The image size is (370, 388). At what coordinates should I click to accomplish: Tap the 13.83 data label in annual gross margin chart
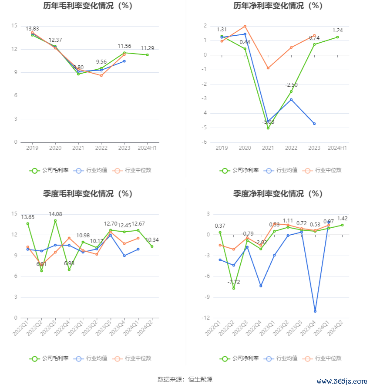32,29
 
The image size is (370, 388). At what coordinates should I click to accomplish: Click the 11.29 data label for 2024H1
147,48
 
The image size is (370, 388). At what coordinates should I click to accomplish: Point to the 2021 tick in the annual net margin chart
268,148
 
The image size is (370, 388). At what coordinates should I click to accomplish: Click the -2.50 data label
291,85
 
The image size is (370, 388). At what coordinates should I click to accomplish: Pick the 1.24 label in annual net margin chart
338,30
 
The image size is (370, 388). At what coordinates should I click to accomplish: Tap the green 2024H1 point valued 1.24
337,37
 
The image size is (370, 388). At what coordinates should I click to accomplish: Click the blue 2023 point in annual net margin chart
314,124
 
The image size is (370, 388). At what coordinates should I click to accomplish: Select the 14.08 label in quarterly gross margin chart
55,214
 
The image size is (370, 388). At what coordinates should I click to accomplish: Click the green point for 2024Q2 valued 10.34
152,246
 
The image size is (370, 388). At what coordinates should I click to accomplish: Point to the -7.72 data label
234,282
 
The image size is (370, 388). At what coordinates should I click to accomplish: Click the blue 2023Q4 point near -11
315,311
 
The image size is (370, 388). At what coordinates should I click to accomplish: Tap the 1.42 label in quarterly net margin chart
342,219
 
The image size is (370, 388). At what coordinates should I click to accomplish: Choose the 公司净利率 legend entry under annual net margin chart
239,170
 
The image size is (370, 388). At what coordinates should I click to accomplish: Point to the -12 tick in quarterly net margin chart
207,318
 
